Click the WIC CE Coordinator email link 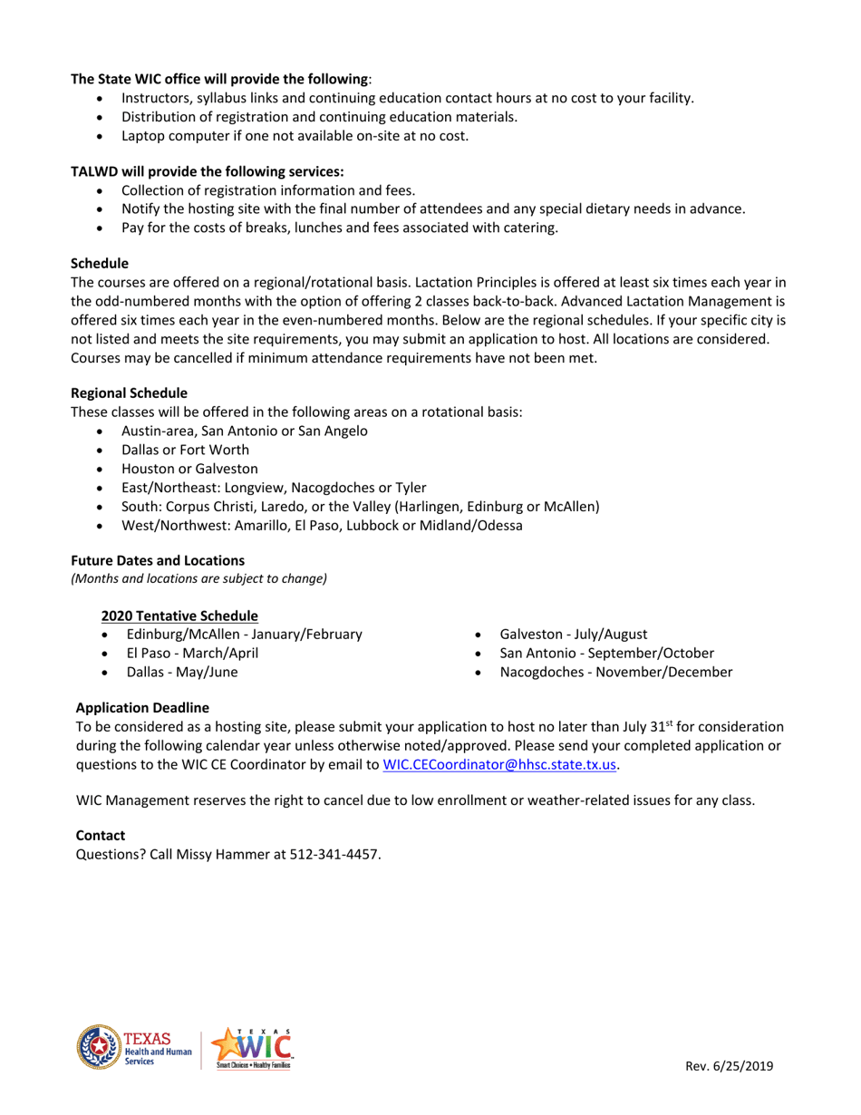pos(500,764)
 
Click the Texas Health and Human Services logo pos(134,1048)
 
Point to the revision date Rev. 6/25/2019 pos(729,1067)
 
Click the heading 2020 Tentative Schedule pos(179,616)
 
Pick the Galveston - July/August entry pos(573,635)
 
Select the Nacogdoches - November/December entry pos(615,673)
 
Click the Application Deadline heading pos(142,707)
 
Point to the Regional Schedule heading pos(130,393)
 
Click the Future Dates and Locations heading pos(158,560)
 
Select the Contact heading pos(101,835)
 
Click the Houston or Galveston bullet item pos(189,469)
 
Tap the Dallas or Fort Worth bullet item pos(185,450)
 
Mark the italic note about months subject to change pos(198,578)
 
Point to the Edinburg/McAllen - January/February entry pos(244,635)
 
